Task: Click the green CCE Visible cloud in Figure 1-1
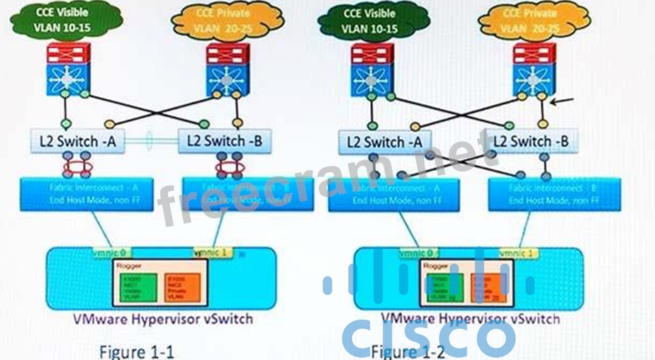67,21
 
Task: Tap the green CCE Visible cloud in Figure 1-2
370,21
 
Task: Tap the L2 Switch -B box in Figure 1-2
531,141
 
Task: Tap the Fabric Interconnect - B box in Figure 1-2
554,193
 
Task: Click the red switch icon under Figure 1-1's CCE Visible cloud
68,54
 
